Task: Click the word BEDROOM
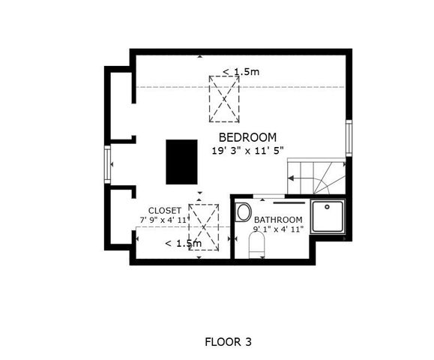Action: [247, 137]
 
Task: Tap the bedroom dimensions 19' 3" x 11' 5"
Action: [247, 150]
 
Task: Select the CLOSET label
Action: [164, 210]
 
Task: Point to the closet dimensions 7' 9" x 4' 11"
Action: [165, 220]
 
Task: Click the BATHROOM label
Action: [278, 220]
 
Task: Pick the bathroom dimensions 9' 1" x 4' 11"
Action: [278, 229]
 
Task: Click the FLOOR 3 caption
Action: [228, 342]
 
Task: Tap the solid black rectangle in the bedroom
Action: [181, 161]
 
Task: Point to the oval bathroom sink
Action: [243, 212]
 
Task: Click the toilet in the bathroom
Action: [256, 244]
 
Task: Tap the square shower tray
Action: [328, 217]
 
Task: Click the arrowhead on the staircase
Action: [292, 178]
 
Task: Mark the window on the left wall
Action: [109, 164]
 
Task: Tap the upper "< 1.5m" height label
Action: [241, 72]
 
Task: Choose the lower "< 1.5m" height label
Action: [183, 243]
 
